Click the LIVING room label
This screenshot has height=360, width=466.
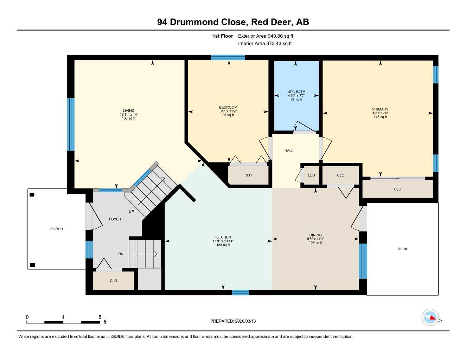[x=129, y=111]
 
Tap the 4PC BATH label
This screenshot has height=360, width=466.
[x=296, y=92]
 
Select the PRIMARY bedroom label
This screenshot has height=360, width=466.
[x=380, y=109]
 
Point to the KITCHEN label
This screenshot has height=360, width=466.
[x=223, y=237]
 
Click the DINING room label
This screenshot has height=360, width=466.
[x=315, y=235]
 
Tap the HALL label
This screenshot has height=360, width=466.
[x=289, y=151]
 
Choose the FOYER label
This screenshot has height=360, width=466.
[x=115, y=219]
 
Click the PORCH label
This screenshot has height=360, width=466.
[x=57, y=229]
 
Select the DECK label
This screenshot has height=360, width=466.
[x=402, y=249]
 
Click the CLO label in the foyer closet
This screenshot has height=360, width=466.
[x=113, y=281]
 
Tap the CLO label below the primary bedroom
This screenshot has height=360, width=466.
[x=397, y=189]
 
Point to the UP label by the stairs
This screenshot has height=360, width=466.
[x=131, y=212]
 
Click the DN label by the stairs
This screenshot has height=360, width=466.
[x=121, y=254]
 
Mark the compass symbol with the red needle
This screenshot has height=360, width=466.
[x=430, y=317]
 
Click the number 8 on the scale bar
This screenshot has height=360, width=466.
[x=100, y=317]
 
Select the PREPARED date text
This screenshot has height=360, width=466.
[x=233, y=321]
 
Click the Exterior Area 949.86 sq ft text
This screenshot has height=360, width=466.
[x=266, y=36]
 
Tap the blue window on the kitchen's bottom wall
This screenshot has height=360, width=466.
[x=240, y=292]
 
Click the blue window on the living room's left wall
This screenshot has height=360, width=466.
[x=71, y=124]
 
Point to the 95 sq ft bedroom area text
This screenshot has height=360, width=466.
[x=228, y=115]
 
